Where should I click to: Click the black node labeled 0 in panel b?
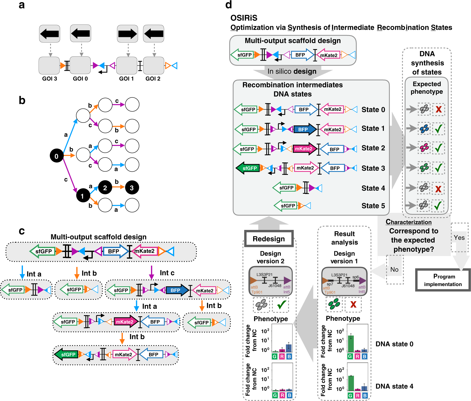(x=56, y=156)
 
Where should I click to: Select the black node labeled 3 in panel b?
(x=132, y=188)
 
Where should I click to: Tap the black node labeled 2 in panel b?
(x=105, y=188)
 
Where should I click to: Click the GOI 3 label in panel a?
(x=49, y=79)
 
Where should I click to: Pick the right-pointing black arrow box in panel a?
(x=128, y=34)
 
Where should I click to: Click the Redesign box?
(x=269, y=239)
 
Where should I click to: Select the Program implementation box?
(x=443, y=280)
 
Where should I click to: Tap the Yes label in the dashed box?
(x=459, y=237)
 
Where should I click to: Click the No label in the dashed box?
(x=394, y=269)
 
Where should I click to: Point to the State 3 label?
(x=373, y=168)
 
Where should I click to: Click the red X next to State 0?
(x=439, y=109)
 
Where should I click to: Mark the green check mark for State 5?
(x=438, y=206)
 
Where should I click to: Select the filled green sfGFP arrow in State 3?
(x=248, y=168)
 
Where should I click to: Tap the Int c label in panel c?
(x=167, y=273)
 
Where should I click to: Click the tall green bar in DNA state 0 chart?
(x=350, y=344)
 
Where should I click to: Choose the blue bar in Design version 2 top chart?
(x=289, y=348)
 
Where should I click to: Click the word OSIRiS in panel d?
(x=244, y=18)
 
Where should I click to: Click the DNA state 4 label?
(x=394, y=386)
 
